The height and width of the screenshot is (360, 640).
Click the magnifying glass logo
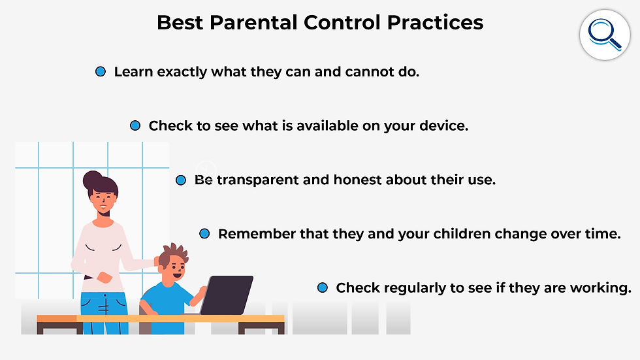point(605,35)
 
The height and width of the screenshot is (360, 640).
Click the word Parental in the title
point(254,22)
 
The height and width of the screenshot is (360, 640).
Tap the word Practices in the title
point(435,22)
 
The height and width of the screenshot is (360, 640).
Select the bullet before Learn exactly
point(101,72)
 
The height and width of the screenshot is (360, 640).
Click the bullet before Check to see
point(135,125)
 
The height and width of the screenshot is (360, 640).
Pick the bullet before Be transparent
point(181,180)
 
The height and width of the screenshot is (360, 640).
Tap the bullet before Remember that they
point(204,234)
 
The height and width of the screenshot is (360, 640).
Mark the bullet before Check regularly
point(323,287)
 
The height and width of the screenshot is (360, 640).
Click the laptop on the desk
point(227,295)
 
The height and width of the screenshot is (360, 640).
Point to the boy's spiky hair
point(174,254)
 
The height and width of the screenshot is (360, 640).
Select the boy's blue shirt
point(166,301)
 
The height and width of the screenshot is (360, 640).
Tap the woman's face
point(103,203)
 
